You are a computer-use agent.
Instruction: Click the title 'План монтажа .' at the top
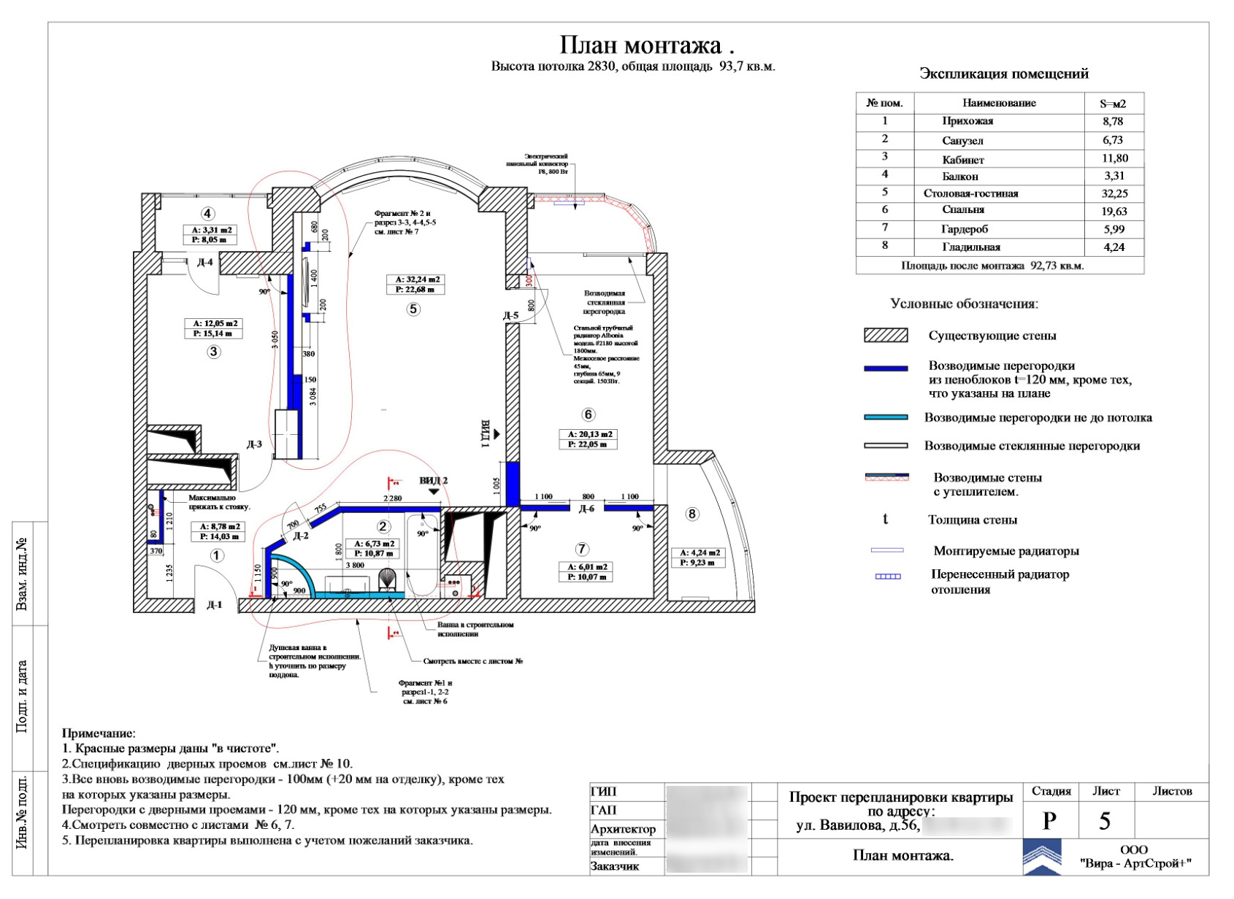[646, 45]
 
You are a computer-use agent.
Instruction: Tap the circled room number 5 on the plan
[413, 309]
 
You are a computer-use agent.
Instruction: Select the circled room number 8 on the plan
[692, 514]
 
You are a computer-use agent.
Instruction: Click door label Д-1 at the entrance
[214, 605]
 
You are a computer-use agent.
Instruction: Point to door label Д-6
[586, 509]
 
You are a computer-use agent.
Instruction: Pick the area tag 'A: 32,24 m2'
[417, 279]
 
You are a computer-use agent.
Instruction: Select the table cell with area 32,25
[1114, 193]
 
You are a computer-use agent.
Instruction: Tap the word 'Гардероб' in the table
[964, 229]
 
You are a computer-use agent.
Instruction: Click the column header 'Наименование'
[998, 103]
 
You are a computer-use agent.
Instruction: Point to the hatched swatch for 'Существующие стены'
[886, 336]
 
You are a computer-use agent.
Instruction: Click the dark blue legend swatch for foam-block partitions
[886, 369]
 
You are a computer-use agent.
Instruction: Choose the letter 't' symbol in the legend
[886, 519]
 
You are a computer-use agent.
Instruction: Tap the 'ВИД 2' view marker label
[433, 481]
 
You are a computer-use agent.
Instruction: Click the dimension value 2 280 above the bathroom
[393, 498]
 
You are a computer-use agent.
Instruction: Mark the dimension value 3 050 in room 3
[275, 340]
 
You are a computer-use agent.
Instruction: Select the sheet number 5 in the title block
[1105, 821]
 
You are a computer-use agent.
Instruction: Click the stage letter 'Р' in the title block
[1049, 821]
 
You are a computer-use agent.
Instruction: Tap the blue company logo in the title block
[1042, 857]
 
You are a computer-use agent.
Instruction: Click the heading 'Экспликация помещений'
[1003, 74]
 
